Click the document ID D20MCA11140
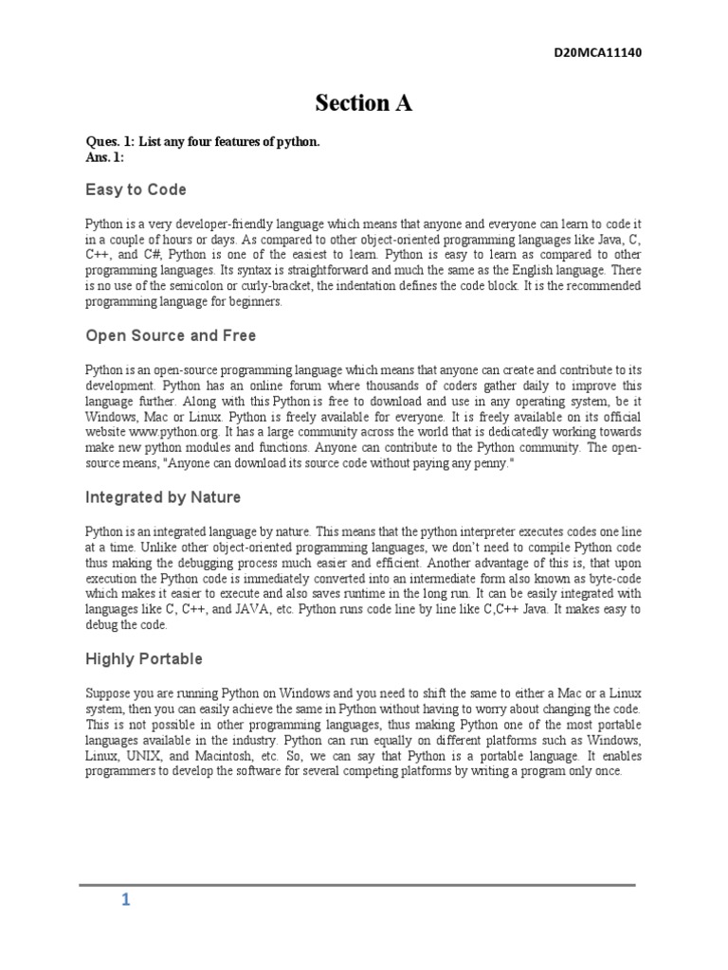597,53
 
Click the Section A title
364,104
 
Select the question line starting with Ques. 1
204,141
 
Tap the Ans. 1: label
104,157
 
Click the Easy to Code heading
136,189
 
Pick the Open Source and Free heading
171,336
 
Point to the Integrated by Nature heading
163,496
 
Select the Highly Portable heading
144,658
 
